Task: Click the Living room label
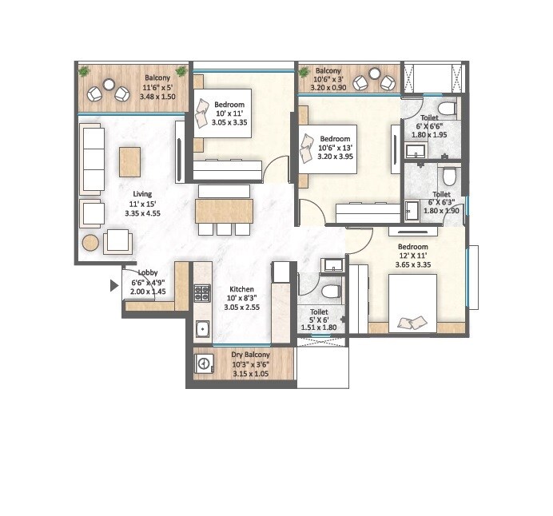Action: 142,193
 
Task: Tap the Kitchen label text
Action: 241,289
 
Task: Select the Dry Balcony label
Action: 250,354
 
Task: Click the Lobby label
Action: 148,272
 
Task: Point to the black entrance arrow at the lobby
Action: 114,284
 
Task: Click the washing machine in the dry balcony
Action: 204,364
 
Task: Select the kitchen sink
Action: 202,327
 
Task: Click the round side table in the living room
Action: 90,243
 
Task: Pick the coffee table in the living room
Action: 130,161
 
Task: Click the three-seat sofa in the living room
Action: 93,158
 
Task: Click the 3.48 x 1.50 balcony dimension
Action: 157,97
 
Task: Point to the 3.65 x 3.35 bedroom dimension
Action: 414,265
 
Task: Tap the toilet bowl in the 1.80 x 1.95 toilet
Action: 446,109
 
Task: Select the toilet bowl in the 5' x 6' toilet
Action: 330,290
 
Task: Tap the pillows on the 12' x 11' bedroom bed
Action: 412,322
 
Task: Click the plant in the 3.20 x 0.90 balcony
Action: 304,73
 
